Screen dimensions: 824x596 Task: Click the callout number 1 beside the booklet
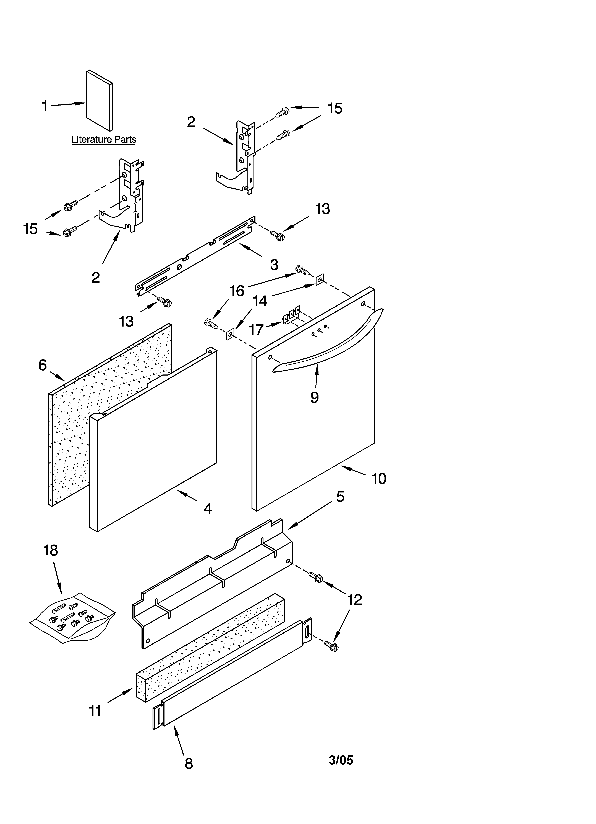tap(45, 106)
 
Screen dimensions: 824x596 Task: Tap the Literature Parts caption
tap(104, 140)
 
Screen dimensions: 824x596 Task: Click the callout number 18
tap(50, 550)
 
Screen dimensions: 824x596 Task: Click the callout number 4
tap(207, 509)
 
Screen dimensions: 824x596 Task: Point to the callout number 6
tap(43, 365)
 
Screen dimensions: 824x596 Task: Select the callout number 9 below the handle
tap(314, 397)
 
